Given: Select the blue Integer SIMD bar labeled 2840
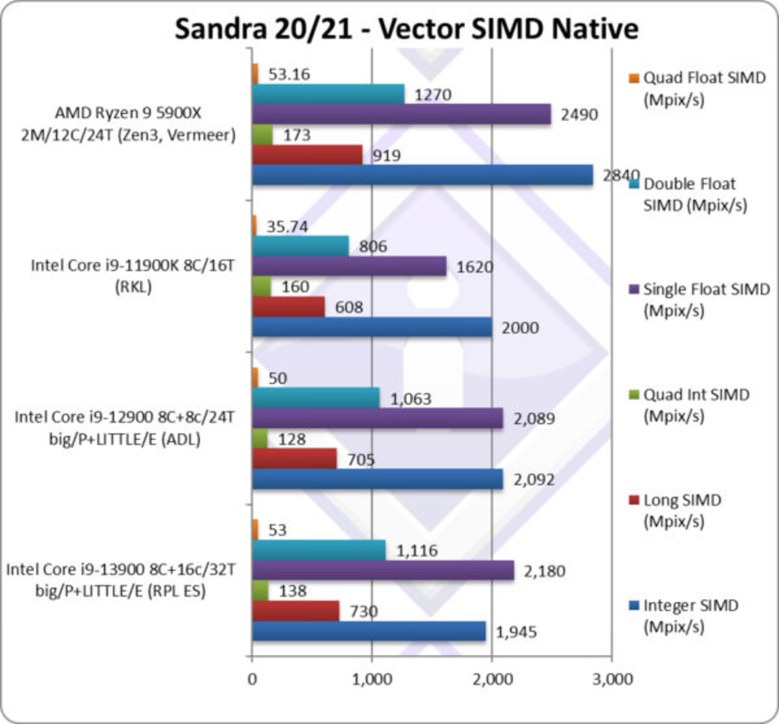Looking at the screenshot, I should [x=422, y=175].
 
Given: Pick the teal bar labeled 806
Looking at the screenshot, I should [x=300, y=246].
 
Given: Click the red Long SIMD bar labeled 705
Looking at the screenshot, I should [x=294, y=459].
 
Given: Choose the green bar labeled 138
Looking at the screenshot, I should [x=260, y=591].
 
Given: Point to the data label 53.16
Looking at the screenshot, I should [x=289, y=74].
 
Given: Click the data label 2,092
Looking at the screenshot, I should [x=534, y=480].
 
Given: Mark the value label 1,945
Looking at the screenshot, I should [x=516, y=632].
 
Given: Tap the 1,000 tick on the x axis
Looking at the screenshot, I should [x=372, y=680].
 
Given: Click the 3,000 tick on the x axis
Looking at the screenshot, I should [x=612, y=680].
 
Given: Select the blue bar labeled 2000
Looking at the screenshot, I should [x=372, y=327].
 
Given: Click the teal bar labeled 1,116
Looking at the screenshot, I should [x=318, y=550].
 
